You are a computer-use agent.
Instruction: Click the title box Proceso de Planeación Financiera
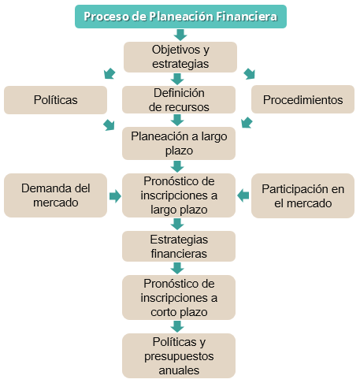[180, 17]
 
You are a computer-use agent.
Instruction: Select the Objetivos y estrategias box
[180, 57]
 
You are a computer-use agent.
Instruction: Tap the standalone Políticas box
[55, 100]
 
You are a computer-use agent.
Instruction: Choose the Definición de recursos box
[179, 100]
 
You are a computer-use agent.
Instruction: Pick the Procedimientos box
[302, 99]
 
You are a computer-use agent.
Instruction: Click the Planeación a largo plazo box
[179, 143]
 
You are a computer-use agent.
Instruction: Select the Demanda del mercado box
[55, 195]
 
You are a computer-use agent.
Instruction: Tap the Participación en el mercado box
[302, 195]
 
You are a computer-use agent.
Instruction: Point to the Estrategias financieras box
[179, 247]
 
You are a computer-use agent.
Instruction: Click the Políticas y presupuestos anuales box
[179, 356]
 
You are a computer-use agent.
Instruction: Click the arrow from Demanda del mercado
[115, 196]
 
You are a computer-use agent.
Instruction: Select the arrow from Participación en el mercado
[243, 195]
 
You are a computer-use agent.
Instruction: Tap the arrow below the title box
[180, 35]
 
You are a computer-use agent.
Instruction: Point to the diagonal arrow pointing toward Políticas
[109, 73]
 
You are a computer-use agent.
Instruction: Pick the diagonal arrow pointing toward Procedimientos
[249, 74]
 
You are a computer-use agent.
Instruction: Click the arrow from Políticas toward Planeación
[109, 125]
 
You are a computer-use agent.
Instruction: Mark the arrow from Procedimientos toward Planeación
[247, 122]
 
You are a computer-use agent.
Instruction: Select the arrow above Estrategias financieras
[177, 225]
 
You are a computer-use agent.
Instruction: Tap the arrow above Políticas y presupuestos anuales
[177, 326]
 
